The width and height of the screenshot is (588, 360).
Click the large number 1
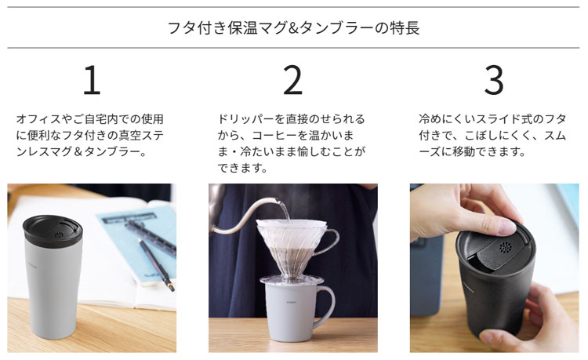92,79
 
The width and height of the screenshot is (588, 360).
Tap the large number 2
293,79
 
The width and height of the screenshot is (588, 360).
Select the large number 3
494,79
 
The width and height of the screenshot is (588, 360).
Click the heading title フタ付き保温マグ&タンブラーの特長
293,27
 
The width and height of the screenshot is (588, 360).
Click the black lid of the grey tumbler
53,231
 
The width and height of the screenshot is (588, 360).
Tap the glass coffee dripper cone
291,248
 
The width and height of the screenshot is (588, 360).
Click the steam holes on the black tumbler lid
505,247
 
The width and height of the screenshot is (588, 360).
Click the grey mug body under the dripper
289,312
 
